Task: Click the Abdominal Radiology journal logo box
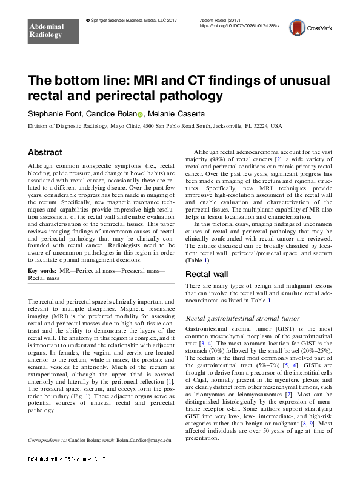pos(46,29)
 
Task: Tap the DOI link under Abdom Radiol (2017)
pos(240,27)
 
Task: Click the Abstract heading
pos(45,153)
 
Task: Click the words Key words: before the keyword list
pos(44,268)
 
